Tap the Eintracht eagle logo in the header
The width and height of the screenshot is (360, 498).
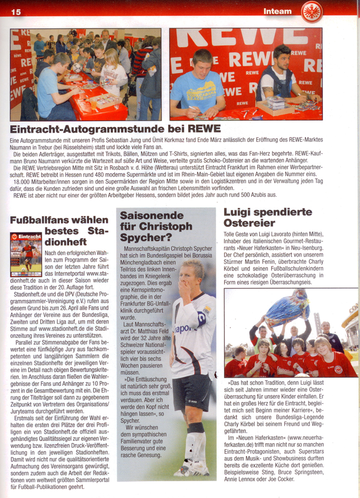point(312,11)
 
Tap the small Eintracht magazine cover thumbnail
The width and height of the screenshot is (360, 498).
point(26,254)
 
